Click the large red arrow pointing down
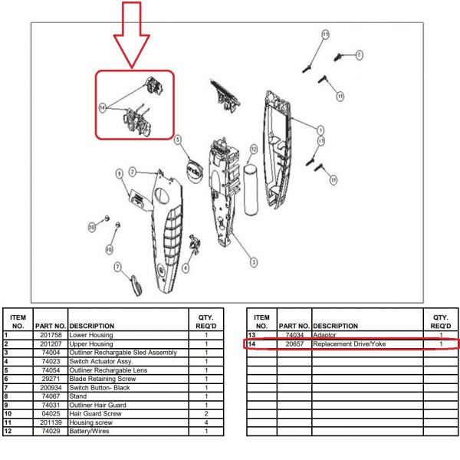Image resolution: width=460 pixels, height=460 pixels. (x=131, y=34)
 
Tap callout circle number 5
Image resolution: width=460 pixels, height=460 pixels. (x=177, y=140)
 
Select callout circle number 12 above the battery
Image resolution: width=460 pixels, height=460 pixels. (x=254, y=149)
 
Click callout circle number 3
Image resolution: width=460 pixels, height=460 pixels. (x=254, y=261)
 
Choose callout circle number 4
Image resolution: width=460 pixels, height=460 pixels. (x=186, y=268)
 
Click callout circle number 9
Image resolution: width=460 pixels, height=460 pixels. (x=120, y=175)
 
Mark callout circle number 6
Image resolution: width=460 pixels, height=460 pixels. (x=360, y=54)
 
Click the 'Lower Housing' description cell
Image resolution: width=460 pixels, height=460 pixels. (x=91, y=335)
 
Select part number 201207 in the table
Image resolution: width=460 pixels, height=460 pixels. (x=50, y=343)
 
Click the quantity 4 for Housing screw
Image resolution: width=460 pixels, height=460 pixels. (x=206, y=422)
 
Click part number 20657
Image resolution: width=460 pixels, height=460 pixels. (x=294, y=344)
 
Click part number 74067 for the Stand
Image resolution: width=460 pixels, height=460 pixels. (x=50, y=396)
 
